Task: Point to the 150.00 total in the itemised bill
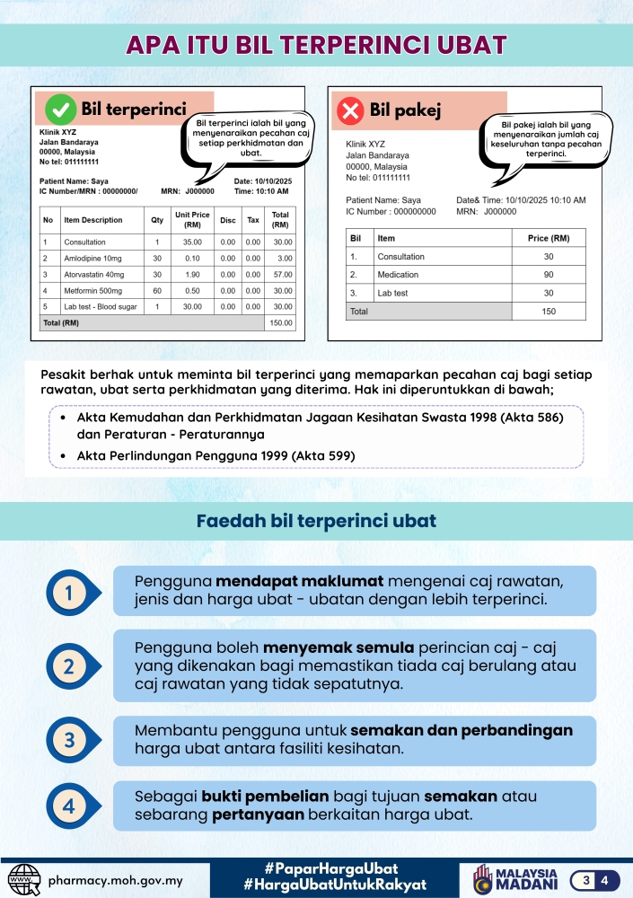coord(281,322)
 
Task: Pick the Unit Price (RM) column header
coord(192,220)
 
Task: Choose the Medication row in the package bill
coord(398,274)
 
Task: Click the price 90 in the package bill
coord(549,274)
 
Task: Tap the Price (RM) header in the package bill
coord(549,238)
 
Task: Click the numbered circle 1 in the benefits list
coord(69,591)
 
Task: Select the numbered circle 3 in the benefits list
coord(69,741)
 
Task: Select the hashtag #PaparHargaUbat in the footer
coord(332,868)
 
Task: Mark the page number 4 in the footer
coord(605,879)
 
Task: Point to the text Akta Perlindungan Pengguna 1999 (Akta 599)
coord(215,456)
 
